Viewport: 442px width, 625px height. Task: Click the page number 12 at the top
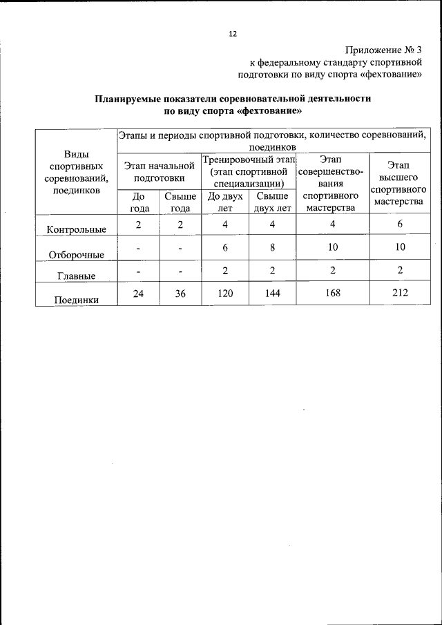[x=233, y=34]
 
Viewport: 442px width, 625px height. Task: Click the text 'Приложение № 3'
[x=383, y=50]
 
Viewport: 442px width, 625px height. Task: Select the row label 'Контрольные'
[x=76, y=229]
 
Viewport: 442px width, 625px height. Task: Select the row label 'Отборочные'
[x=76, y=254]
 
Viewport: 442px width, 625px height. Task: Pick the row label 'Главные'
[x=76, y=276]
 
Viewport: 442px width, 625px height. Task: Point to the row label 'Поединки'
[x=76, y=300]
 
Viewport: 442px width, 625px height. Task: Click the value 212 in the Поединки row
[x=398, y=293]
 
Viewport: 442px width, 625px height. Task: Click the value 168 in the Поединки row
[x=332, y=293]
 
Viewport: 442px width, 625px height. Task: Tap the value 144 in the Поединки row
[x=272, y=293]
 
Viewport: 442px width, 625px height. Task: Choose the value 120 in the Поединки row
[x=224, y=293]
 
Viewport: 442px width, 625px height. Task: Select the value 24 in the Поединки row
[x=139, y=293]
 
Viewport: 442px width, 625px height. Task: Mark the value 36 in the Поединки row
[x=180, y=293]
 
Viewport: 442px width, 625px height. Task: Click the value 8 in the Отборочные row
[x=272, y=247]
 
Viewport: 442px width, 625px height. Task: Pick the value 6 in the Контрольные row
[x=398, y=224]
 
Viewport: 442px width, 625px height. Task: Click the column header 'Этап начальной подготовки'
[x=159, y=171]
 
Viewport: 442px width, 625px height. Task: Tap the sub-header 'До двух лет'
[x=224, y=202]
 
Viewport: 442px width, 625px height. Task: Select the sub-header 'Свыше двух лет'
[x=272, y=202]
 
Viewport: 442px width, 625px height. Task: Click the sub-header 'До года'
[x=139, y=202]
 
